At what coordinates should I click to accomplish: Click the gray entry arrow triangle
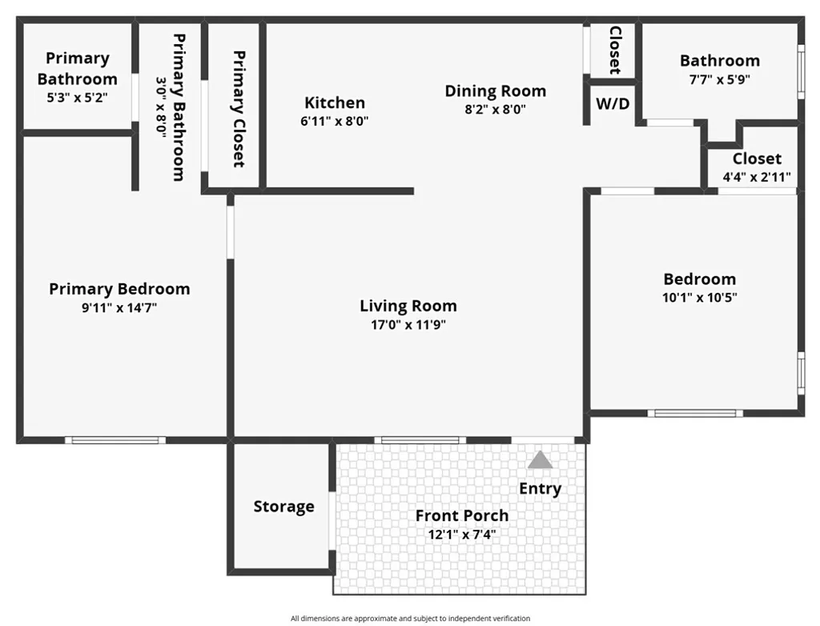point(541,460)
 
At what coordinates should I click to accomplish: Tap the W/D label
point(612,103)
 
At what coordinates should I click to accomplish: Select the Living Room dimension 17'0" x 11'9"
point(408,325)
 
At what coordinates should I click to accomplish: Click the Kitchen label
point(335,102)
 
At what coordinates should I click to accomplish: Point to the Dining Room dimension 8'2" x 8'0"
point(495,110)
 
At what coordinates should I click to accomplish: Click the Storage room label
point(283,506)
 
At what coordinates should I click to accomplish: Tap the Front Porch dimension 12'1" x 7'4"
point(462,534)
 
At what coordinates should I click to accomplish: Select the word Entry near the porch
point(541,488)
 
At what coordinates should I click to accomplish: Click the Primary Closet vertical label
point(239,109)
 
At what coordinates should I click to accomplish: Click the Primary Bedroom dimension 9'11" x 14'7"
point(119,307)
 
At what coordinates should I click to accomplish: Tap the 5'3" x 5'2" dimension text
point(77,98)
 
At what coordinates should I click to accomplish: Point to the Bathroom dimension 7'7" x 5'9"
point(719,79)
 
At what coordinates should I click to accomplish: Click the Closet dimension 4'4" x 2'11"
point(757,177)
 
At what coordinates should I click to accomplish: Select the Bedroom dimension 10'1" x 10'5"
point(699,297)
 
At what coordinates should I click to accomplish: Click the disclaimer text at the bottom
point(410,618)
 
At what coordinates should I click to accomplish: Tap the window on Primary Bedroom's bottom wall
point(115,439)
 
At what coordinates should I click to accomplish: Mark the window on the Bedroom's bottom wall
point(694,413)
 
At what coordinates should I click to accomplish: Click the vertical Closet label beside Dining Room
point(615,50)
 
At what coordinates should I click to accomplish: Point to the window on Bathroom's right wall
point(800,72)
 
